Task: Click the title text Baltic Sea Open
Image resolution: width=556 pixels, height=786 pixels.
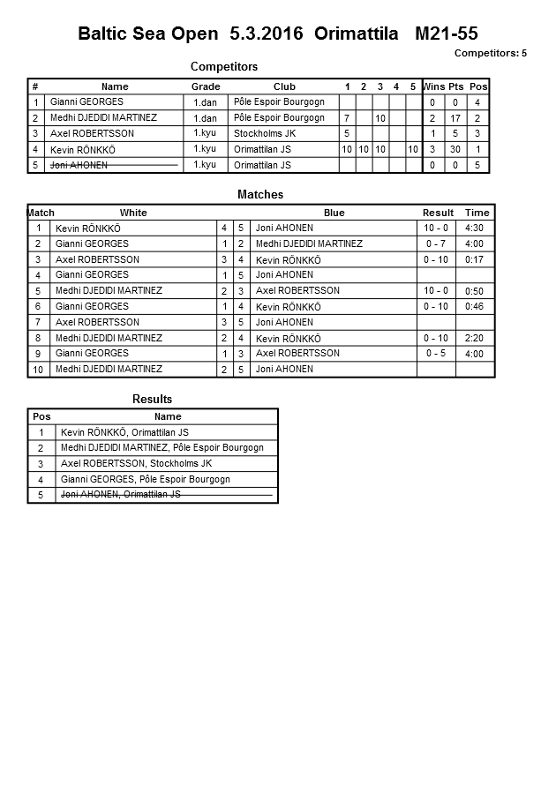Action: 147,34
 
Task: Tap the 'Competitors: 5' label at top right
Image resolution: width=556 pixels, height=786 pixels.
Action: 490,53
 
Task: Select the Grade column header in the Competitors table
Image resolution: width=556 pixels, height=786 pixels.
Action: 206,86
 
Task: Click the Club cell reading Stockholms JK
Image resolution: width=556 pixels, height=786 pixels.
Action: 265,133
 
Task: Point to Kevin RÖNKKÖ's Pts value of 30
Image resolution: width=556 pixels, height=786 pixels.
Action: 455,150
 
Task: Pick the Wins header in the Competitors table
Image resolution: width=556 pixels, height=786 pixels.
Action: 433,86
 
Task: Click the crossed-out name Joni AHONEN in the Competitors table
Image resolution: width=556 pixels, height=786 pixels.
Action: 79,165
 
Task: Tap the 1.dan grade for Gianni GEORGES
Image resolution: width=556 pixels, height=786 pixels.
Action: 205,102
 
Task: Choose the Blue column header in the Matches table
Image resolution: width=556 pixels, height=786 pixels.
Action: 334,213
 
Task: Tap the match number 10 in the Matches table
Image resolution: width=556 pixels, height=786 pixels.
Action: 39,370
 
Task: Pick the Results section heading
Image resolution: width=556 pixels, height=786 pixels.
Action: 152,400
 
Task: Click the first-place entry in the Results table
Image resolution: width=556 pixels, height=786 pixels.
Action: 124,432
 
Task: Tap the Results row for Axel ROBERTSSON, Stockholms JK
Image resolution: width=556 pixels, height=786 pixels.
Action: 136,463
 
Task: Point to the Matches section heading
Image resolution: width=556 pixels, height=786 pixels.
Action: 260,195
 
